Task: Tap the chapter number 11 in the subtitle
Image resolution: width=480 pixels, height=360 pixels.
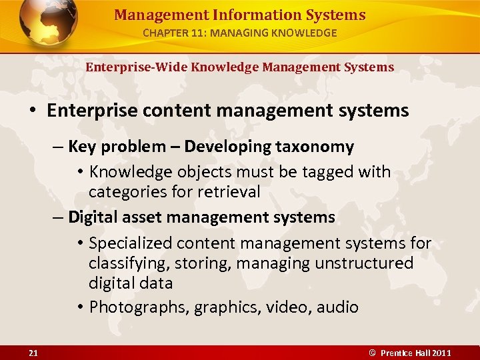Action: (x=198, y=33)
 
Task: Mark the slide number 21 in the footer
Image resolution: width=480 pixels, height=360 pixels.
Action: (x=33, y=353)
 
